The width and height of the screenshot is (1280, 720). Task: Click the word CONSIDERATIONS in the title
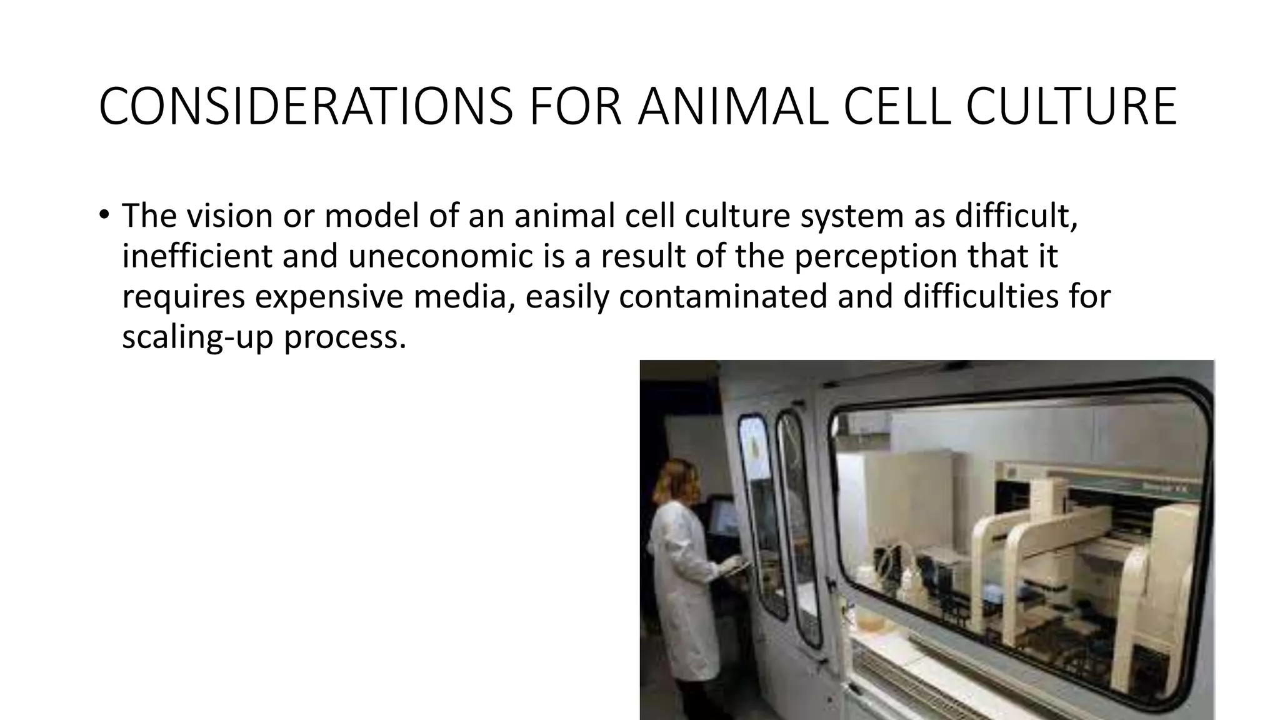[306, 107]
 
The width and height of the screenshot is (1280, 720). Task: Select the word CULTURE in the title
[1071, 107]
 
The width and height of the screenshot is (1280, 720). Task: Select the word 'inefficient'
[196, 256]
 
